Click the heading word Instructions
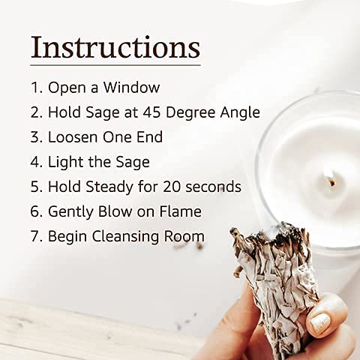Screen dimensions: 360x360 pos(115,47)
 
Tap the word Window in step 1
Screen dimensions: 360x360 pos(131,88)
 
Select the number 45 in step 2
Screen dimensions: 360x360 pos(151,112)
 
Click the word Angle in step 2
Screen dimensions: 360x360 pos(240,113)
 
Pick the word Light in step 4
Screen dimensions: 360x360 pos(66,163)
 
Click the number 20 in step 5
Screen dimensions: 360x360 pos(172,187)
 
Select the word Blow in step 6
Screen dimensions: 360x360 pos(115,211)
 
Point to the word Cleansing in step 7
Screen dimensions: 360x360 pos(126,237)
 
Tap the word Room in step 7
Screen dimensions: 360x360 pos(184,236)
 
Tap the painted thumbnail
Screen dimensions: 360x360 pos(319,322)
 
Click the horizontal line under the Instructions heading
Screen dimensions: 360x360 pos(115,65)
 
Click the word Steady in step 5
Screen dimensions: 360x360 pos(109,187)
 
